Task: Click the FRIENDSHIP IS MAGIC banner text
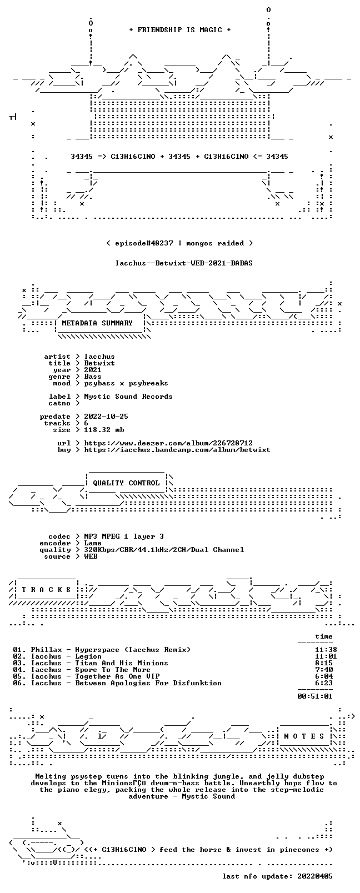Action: [180, 30]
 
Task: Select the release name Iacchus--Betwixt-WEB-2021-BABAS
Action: [184, 263]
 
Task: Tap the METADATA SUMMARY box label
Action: [97, 323]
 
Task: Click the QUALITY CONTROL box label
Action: [126, 483]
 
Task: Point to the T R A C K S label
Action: [46, 590]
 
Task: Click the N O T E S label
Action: [304, 736]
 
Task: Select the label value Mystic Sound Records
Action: [128, 397]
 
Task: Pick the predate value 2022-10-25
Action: [106, 417]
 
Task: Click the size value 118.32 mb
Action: [104, 430]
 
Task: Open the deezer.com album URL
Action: [168, 443]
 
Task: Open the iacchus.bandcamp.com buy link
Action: [177, 450]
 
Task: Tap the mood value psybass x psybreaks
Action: [126, 384]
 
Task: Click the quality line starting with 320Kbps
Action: [164, 550]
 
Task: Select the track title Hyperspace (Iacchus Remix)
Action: [133, 650]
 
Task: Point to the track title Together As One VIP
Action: [117, 676]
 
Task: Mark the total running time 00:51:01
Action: [315, 696]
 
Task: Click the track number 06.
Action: [17, 683]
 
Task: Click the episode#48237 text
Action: [144, 243]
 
